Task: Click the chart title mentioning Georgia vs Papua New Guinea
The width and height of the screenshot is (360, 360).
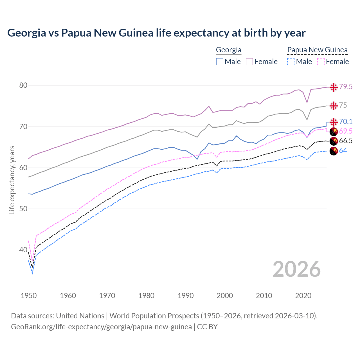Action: [x=156, y=33]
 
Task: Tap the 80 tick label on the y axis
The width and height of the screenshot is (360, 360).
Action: [x=23, y=85]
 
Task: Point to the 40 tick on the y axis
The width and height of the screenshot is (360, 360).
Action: [x=23, y=250]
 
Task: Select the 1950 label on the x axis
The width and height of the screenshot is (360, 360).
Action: [x=29, y=296]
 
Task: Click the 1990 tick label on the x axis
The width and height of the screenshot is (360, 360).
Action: [x=186, y=296]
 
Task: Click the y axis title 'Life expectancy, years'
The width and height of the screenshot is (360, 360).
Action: [x=12, y=180]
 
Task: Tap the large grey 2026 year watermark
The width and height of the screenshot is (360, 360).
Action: [x=297, y=269]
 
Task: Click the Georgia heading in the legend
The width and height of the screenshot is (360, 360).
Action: [x=228, y=50]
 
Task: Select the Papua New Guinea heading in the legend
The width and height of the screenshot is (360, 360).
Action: [x=317, y=50]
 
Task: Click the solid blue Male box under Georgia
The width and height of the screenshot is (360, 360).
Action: [x=220, y=62]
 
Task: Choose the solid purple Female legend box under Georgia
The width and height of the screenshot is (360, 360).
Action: [x=249, y=62]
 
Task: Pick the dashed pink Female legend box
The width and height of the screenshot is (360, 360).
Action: [x=321, y=62]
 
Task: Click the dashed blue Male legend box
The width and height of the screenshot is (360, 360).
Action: [x=291, y=62]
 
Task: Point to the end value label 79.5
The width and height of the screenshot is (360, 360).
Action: [x=346, y=87]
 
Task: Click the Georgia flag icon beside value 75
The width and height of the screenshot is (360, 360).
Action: [x=334, y=106]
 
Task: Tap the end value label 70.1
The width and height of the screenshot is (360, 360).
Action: [x=346, y=121]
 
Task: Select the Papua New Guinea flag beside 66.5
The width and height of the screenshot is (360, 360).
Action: [x=334, y=141]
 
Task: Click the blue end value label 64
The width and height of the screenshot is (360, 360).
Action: [x=343, y=151]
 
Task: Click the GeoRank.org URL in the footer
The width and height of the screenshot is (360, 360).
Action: [x=101, y=327]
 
